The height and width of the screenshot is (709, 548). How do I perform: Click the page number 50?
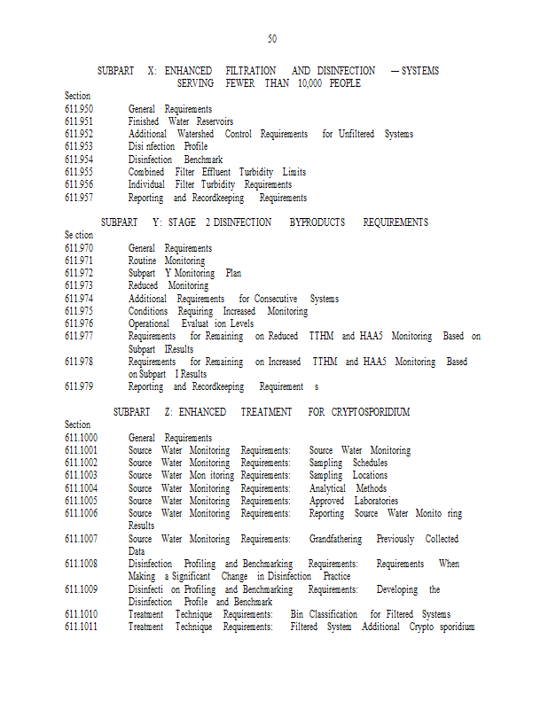click(272, 39)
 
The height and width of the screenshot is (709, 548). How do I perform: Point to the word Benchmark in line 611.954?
click(203, 160)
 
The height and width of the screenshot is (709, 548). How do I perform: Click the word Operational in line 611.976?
click(149, 323)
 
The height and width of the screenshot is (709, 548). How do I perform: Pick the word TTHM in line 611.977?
click(321, 337)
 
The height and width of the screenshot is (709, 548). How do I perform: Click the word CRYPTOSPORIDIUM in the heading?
click(371, 412)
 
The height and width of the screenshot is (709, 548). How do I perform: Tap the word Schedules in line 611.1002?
click(370, 463)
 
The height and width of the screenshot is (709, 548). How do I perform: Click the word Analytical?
click(327, 488)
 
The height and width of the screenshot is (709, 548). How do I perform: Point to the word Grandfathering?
click(337, 539)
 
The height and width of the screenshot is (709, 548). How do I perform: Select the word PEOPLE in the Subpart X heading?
click(344, 83)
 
